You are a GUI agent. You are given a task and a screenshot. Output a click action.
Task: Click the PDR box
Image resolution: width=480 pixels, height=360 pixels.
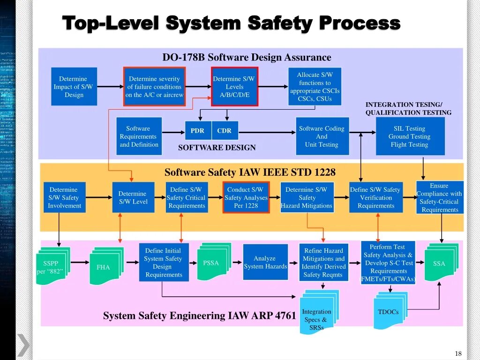(x=197, y=131)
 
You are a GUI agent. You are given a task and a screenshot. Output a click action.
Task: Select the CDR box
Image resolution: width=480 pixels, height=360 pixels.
(x=225, y=131)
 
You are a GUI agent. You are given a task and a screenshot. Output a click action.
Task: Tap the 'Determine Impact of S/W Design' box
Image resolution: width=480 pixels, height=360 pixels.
(x=74, y=87)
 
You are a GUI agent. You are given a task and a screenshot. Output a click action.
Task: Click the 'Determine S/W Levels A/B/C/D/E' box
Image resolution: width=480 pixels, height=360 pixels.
(x=234, y=87)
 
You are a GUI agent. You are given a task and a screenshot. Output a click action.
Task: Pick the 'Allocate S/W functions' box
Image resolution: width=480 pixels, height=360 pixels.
(x=315, y=87)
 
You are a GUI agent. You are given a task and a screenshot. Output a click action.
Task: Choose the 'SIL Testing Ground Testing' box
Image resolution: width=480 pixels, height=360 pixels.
(x=410, y=136)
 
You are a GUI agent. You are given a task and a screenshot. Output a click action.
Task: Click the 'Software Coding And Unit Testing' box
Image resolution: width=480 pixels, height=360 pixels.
(x=322, y=136)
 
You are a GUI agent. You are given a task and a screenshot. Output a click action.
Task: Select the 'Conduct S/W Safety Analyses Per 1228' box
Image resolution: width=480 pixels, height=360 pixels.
(x=246, y=197)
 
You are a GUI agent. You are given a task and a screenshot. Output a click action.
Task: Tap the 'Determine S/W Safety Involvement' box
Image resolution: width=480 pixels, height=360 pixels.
(x=64, y=197)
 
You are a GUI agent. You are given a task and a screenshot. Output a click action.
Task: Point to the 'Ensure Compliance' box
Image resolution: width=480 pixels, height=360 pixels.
(x=439, y=198)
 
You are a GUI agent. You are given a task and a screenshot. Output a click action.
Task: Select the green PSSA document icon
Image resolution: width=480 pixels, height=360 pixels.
(x=212, y=262)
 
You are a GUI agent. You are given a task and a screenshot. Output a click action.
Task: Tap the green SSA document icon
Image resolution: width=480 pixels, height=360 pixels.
(x=440, y=263)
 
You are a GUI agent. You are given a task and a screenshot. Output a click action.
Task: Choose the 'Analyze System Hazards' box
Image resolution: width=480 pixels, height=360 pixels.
(x=265, y=262)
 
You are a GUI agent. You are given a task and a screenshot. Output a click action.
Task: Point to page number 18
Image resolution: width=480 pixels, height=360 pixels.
(x=458, y=353)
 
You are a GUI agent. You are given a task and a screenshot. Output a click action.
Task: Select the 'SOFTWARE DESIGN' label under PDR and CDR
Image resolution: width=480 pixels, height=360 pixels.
(x=217, y=148)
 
